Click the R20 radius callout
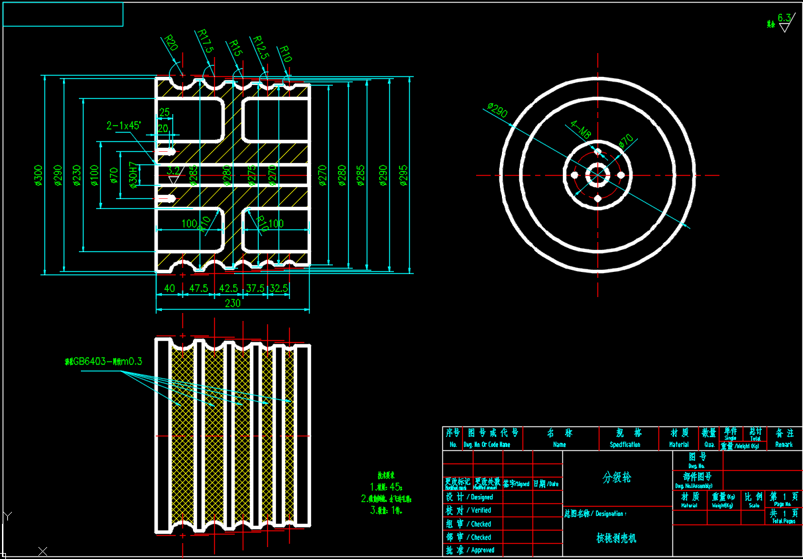(x=171, y=44)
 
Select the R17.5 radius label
(x=205, y=41)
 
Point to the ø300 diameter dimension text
(x=39, y=175)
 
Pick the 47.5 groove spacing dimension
(x=198, y=288)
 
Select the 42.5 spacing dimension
(x=228, y=288)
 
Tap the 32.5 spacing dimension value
(x=279, y=288)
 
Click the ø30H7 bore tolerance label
(x=133, y=175)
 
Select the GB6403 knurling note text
(x=103, y=361)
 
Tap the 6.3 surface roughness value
(x=784, y=17)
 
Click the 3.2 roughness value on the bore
(x=173, y=170)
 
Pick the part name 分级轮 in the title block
(x=617, y=477)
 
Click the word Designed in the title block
(x=481, y=497)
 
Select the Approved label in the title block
(x=482, y=550)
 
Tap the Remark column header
(x=784, y=444)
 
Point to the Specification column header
(x=625, y=444)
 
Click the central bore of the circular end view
(x=597, y=175)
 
